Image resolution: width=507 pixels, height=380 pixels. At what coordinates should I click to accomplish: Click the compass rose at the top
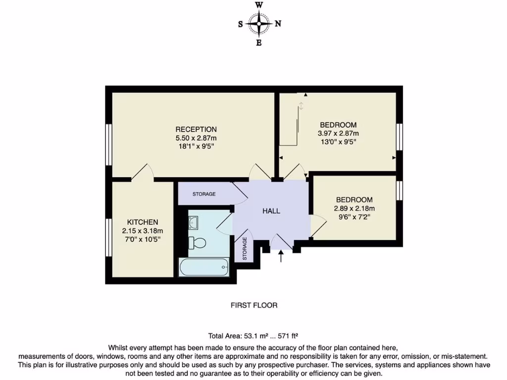[x=258, y=23]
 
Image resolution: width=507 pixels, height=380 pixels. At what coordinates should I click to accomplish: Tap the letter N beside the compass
[x=278, y=23]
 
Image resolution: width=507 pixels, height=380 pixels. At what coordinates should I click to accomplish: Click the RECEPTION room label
[x=196, y=130]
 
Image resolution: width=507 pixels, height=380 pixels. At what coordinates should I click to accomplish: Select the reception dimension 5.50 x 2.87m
[x=196, y=138]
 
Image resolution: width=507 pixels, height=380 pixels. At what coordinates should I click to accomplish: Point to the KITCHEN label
[x=143, y=222]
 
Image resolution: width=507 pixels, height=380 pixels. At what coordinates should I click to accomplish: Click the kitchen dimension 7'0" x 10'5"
[x=143, y=239]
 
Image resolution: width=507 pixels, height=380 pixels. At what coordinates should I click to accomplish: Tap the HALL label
[x=271, y=211]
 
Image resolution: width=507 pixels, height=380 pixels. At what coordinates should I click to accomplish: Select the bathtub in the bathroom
[x=204, y=268]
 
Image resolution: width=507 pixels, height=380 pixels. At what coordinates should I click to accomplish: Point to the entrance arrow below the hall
[x=281, y=256]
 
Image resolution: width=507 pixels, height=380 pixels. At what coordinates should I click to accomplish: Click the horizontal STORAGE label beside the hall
[x=204, y=194]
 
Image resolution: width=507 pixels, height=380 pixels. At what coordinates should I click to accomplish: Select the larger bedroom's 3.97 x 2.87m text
[x=338, y=134]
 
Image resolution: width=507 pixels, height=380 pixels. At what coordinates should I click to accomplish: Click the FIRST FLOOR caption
[x=254, y=305]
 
